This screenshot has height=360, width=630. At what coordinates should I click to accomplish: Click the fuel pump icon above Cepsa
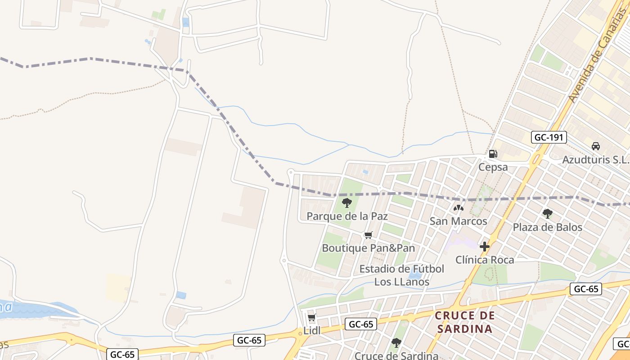click(x=493, y=154)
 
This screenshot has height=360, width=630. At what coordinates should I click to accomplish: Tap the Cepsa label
click(x=493, y=167)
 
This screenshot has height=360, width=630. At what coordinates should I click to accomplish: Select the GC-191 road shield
click(x=549, y=137)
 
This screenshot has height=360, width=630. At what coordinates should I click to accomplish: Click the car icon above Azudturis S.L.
click(x=596, y=146)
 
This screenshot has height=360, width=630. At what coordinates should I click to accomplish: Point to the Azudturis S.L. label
click(x=595, y=160)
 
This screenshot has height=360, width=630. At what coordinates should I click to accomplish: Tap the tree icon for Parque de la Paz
click(x=346, y=203)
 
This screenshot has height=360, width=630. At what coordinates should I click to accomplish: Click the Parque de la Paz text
click(x=347, y=216)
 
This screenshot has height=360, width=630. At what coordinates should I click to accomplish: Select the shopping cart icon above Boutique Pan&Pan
click(x=369, y=235)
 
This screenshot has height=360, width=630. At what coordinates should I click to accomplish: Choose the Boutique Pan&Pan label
click(x=368, y=248)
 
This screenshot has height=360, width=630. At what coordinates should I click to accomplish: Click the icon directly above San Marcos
click(x=458, y=208)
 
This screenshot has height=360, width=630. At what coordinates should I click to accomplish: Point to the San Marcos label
click(x=458, y=221)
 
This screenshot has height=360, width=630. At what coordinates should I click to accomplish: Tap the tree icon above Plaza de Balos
click(x=547, y=214)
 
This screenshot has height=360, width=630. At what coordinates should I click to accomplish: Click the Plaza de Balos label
click(x=547, y=227)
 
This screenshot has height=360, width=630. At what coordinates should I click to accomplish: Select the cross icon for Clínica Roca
click(x=485, y=247)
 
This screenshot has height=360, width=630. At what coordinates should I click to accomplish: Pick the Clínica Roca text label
click(x=485, y=260)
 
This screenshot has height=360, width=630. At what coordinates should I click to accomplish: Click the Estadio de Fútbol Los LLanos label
click(x=402, y=275)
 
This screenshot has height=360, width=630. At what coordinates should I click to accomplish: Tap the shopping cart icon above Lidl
click(x=311, y=318)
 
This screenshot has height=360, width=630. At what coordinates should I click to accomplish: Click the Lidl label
click(x=312, y=331)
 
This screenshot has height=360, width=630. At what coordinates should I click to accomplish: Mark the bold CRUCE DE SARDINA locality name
click(x=465, y=322)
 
